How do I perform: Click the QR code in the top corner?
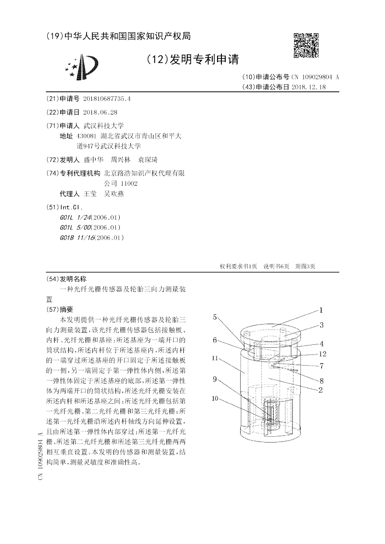(x=306, y=45)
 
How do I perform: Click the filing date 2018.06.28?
(x=100, y=113)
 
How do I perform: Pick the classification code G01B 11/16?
(x=77, y=237)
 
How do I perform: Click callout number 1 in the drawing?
(x=321, y=311)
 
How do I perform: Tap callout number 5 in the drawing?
(x=215, y=317)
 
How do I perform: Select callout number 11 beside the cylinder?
(x=215, y=358)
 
